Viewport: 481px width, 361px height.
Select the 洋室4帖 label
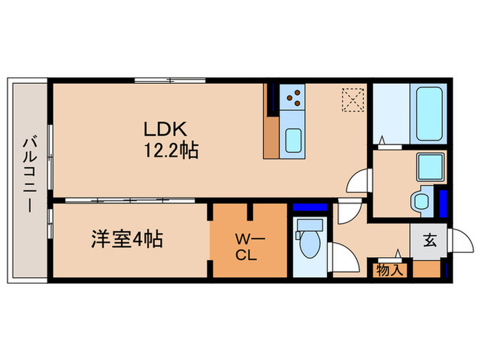[127, 241]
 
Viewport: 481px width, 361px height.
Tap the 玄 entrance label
[429, 241]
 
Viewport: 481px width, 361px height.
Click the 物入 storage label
[390, 270]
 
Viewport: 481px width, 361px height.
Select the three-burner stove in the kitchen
[294, 97]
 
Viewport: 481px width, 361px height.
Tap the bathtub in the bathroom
[428, 113]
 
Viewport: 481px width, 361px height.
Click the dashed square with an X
[353, 100]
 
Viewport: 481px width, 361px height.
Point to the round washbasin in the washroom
[420, 201]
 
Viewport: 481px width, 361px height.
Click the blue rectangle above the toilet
[309, 207]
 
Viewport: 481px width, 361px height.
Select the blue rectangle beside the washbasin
[443, 201]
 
